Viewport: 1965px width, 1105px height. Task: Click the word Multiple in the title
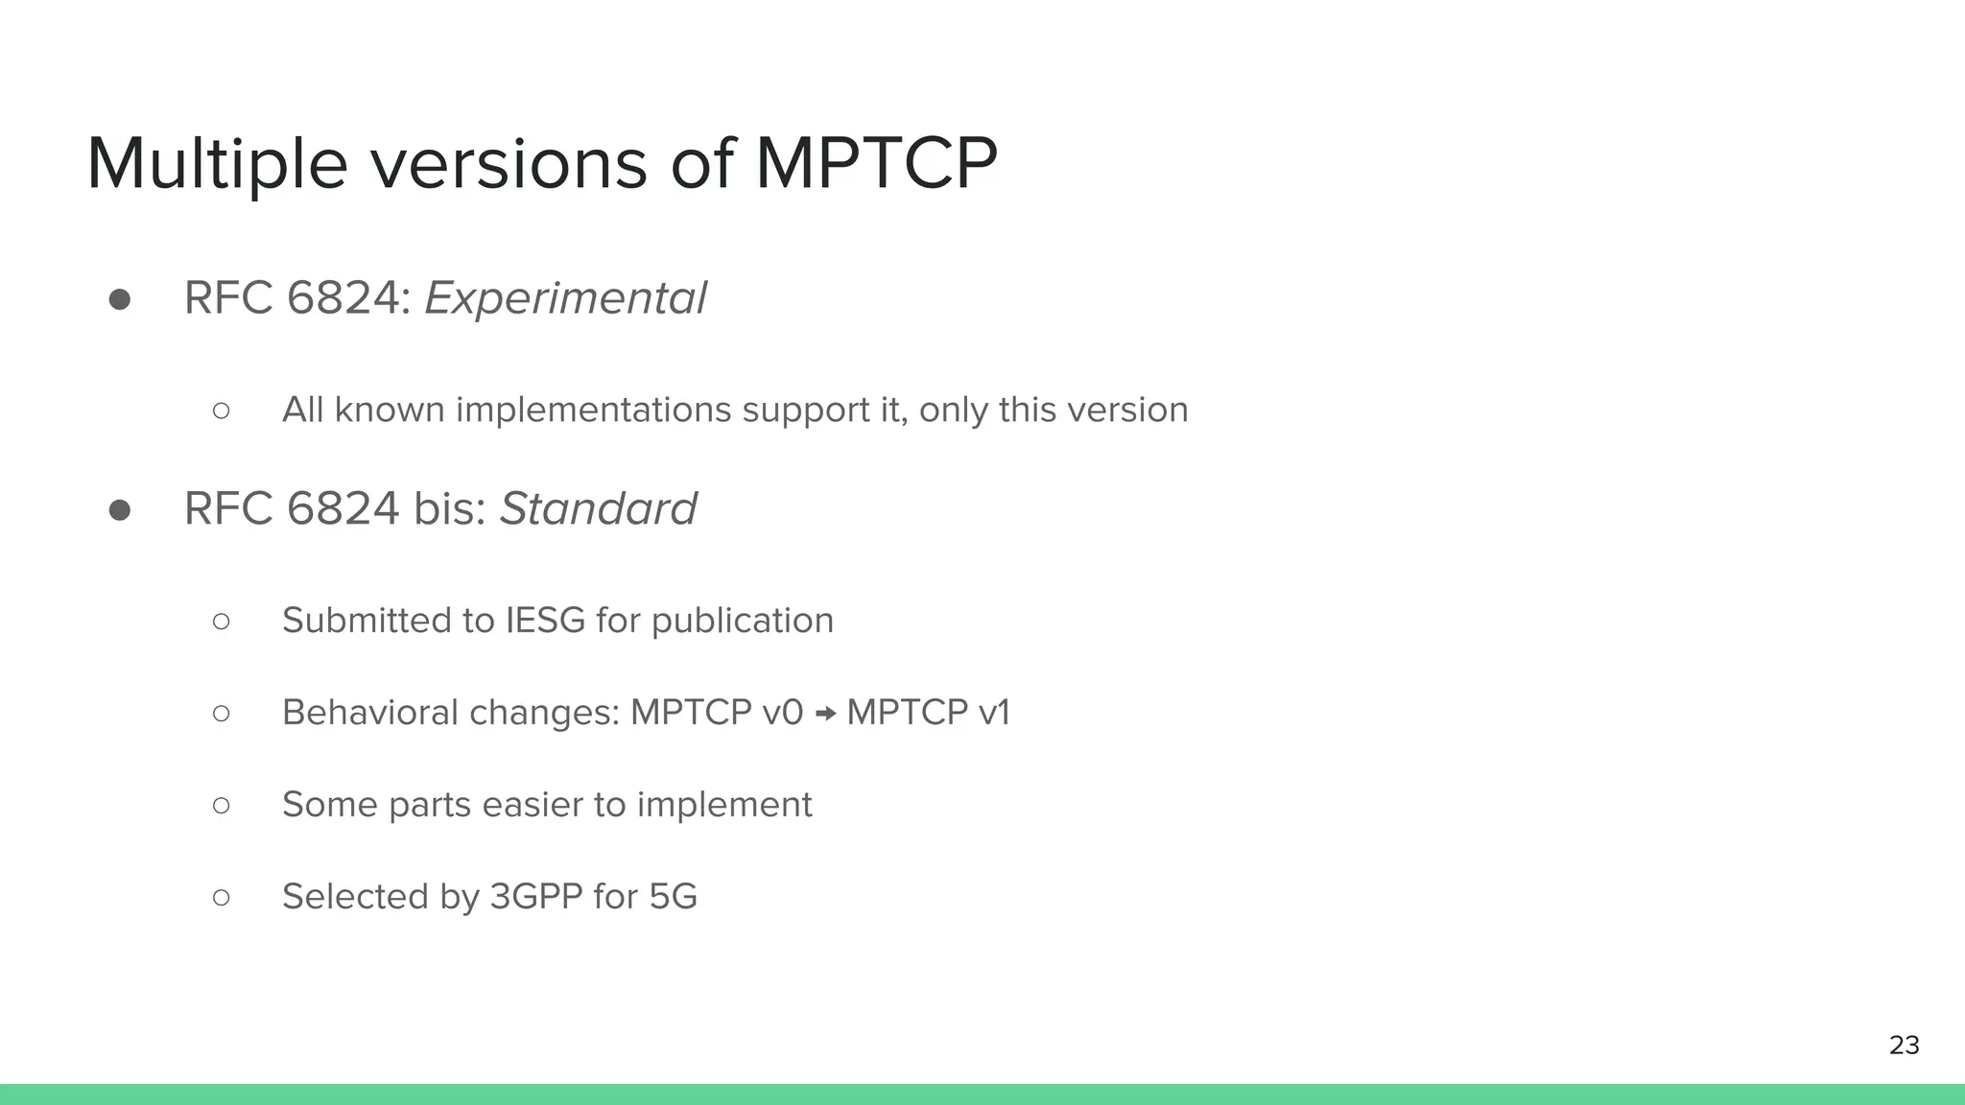coord(217,165)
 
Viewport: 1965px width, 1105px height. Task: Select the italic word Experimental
coord(565,298)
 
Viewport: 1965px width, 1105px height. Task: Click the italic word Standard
coord(598,508)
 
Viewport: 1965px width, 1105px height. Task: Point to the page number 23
coord(1904,1045)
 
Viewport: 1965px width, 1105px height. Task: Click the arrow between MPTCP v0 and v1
coord(825,714)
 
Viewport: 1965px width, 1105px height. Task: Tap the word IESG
coord(545,621)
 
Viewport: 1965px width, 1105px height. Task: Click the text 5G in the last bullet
coord(673,897)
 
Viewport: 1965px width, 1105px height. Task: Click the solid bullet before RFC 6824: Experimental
coord(120,300)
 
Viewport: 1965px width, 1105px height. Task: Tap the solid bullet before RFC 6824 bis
coord(120,510)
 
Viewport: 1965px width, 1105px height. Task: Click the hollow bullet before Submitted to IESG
coord(222,622)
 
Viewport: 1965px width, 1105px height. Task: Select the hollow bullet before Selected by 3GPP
coord(222,898)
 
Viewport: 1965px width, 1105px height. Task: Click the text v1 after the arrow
coord(994,713)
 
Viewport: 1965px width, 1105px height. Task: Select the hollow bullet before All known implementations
coord(222,411)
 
